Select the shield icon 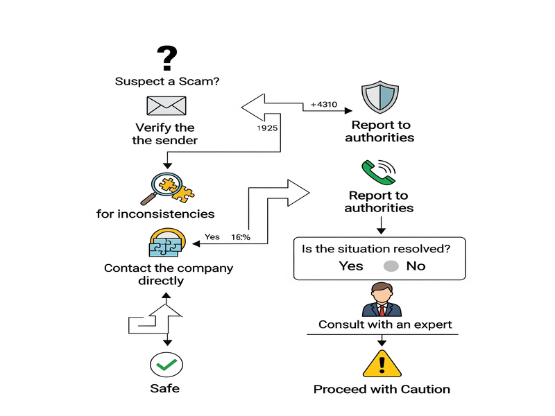(x=380, y=97)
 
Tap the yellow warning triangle (x=382, y=363)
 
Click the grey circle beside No (x=391, y=266)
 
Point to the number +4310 (x=323, y=104)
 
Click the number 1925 (x=268, y=129)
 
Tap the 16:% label (x=241, y=237)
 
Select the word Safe (x=166, y=388)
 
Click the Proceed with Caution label (x=382, y=389)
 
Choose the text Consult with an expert (x=385, y=324)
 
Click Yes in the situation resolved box (x=351, y=266)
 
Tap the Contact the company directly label (x=169, y=275)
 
